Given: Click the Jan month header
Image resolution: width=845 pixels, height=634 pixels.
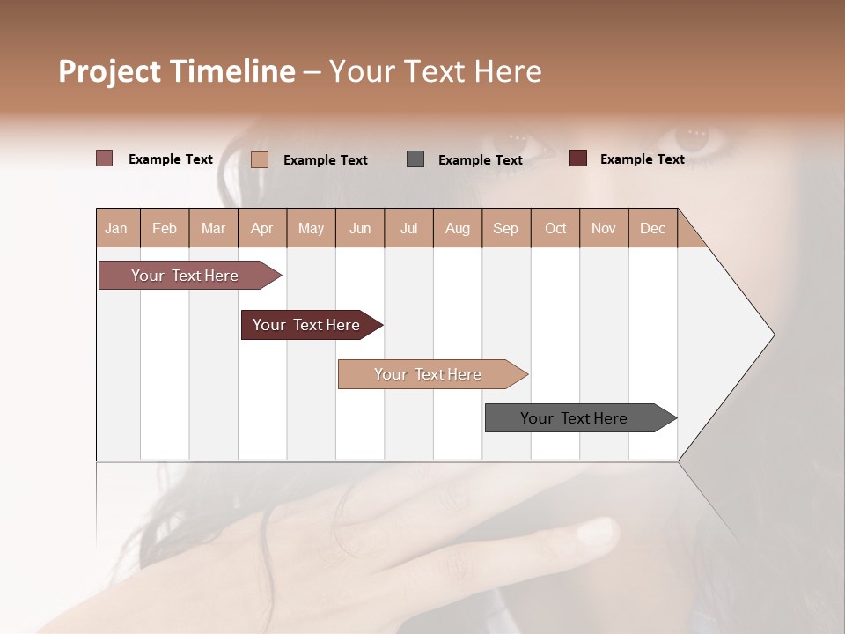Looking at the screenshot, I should (x=116, y=228).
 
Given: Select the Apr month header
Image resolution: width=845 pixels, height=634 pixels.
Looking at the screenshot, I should (x=261, y=228).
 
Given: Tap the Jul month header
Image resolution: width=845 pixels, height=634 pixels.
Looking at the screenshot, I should (x=408, y=228).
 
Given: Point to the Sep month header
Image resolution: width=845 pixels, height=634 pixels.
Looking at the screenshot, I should (x=505, y=228).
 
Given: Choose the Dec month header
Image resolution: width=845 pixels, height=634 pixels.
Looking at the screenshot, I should (x=652, y=228).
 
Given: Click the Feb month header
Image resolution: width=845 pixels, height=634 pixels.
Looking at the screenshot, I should (x=165, y=228).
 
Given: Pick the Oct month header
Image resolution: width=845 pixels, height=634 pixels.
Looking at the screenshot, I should (x=555, y=228).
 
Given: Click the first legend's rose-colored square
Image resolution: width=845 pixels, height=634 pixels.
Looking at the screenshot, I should (x=105, y=158).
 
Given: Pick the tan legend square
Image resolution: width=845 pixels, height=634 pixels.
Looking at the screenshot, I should (x=260, y=159).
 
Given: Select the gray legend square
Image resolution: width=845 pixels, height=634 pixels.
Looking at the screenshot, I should (x=415, y=159).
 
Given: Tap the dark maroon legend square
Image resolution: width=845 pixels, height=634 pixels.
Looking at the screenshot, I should (x=577, y=158).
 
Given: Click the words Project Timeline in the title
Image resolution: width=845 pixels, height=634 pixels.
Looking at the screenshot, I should (x=176, y=71).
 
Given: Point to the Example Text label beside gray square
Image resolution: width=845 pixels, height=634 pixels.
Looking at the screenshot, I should (x=480, y=160).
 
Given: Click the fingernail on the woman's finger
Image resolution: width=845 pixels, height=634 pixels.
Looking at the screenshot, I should (x=597, y=530).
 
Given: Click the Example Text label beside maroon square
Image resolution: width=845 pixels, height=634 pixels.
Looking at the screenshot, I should (x=642, y=159).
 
